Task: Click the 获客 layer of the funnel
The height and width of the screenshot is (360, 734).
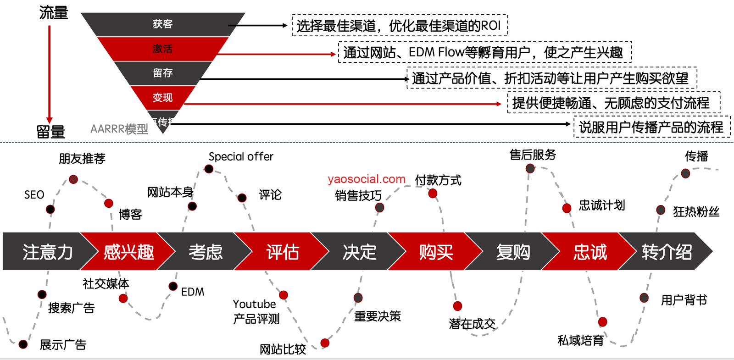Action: pos(162,24)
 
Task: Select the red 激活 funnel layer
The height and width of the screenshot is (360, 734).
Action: pos(162,49)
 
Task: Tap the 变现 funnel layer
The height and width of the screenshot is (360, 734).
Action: pos(162,97)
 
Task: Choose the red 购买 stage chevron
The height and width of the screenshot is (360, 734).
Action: pos(436,252)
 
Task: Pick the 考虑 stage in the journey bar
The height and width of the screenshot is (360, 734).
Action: pos(205,252)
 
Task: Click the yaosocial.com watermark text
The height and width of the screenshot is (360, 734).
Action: pos(367,179)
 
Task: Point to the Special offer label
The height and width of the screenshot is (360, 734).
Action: pos(241,157)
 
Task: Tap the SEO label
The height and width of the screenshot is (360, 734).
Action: pos(34,195)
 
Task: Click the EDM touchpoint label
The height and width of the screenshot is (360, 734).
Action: pos(193,292)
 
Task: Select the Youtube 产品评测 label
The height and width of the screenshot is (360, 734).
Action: pos(256,311)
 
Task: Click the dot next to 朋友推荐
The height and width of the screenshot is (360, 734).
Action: pos(73,179)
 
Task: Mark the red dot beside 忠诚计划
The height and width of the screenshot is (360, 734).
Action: pos(567,208)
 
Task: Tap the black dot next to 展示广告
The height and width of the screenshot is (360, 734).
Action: pos(23,344)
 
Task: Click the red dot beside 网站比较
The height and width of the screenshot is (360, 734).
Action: pos(325,343)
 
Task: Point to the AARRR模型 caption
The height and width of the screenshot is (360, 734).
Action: pos(119,129)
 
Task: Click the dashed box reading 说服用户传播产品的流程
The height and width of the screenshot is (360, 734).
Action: pos(651,127)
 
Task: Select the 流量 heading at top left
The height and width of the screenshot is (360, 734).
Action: pos(54,13)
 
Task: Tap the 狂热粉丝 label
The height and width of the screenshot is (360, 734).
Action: pos(696,211)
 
